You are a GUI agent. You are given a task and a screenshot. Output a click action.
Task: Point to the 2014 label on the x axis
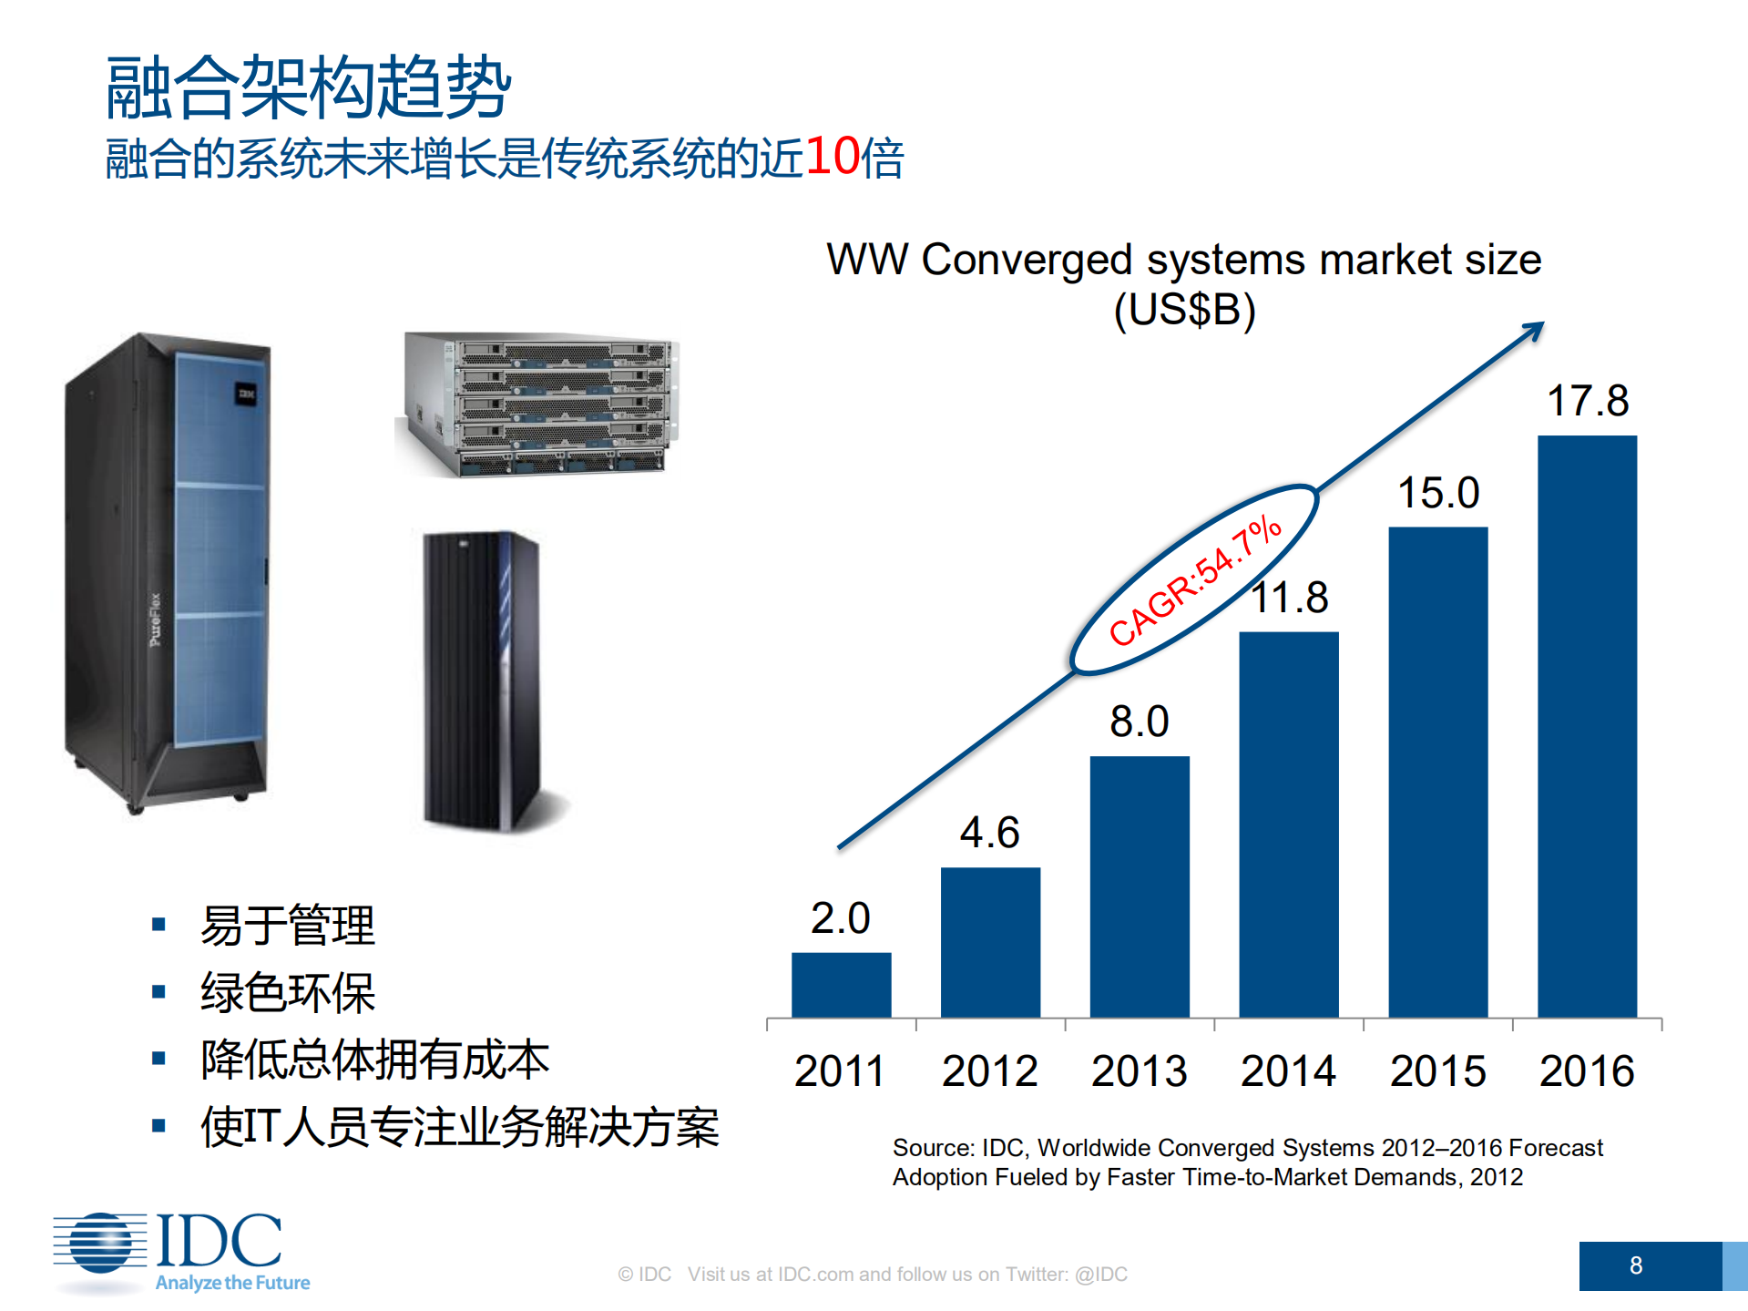1288,1070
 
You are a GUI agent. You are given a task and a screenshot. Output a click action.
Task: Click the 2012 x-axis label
990,1070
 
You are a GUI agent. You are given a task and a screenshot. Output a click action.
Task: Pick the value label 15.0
1438,493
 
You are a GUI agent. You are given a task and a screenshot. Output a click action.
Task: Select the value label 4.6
990,833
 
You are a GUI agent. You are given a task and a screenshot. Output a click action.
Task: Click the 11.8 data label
1290,599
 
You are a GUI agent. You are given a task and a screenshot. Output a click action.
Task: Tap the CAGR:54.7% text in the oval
1195,580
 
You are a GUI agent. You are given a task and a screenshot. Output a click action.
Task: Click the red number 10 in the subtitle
833,156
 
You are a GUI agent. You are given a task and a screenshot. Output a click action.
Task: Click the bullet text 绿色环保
287,992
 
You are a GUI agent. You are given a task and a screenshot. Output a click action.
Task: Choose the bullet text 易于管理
287,926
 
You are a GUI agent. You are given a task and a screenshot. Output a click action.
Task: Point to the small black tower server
483,679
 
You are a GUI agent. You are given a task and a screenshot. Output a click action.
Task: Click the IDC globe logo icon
100,1243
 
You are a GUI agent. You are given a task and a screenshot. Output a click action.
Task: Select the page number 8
1635,1265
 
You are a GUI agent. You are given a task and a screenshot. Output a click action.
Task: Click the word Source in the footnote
932,1148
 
